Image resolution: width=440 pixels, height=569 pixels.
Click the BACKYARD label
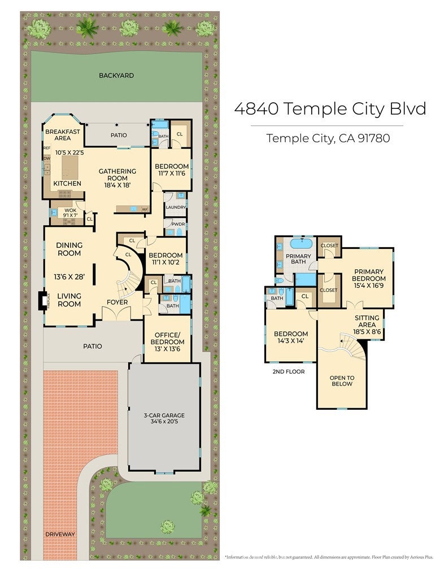pyautogui.click(x=116, y=75)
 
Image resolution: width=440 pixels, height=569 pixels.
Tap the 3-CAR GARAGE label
pyautogui.click(x=164, y=415)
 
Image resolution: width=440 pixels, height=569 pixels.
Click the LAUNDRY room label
pyautogui.click(x=176, y=207)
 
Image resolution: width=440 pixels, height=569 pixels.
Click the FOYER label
pyautogui.click(x=117, y=302)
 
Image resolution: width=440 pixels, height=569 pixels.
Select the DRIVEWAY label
pyautogui.click(x=60, y=533)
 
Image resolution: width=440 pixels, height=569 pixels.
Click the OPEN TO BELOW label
pyautogui.click(x=342, y=380)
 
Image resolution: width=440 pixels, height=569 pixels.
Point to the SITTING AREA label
pyautogui.click(x=367, y=321)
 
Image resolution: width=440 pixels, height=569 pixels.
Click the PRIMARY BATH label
pyautogui.click(x=299, y=259)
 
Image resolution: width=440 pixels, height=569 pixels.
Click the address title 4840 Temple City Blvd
pyautogui.click(x=330, y=109)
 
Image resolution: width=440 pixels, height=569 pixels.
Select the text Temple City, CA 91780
pyautogui.click(x=328, y=138)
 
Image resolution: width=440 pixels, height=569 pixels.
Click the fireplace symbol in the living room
pyautogui.click(x=41, y=300)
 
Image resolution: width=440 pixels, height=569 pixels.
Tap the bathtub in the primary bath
pyautogui.click(x=301, y=244)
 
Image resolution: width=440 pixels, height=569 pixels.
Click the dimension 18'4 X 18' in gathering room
pyautogui.click(x=117, y=185)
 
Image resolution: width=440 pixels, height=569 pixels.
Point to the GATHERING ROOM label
pyautogui.click(x=117, y=174)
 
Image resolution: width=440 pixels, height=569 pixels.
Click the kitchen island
pyautogui.click(x=71, y=167)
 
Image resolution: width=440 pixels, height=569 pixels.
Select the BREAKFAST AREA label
pyautogui.click(x=62, y=134)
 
